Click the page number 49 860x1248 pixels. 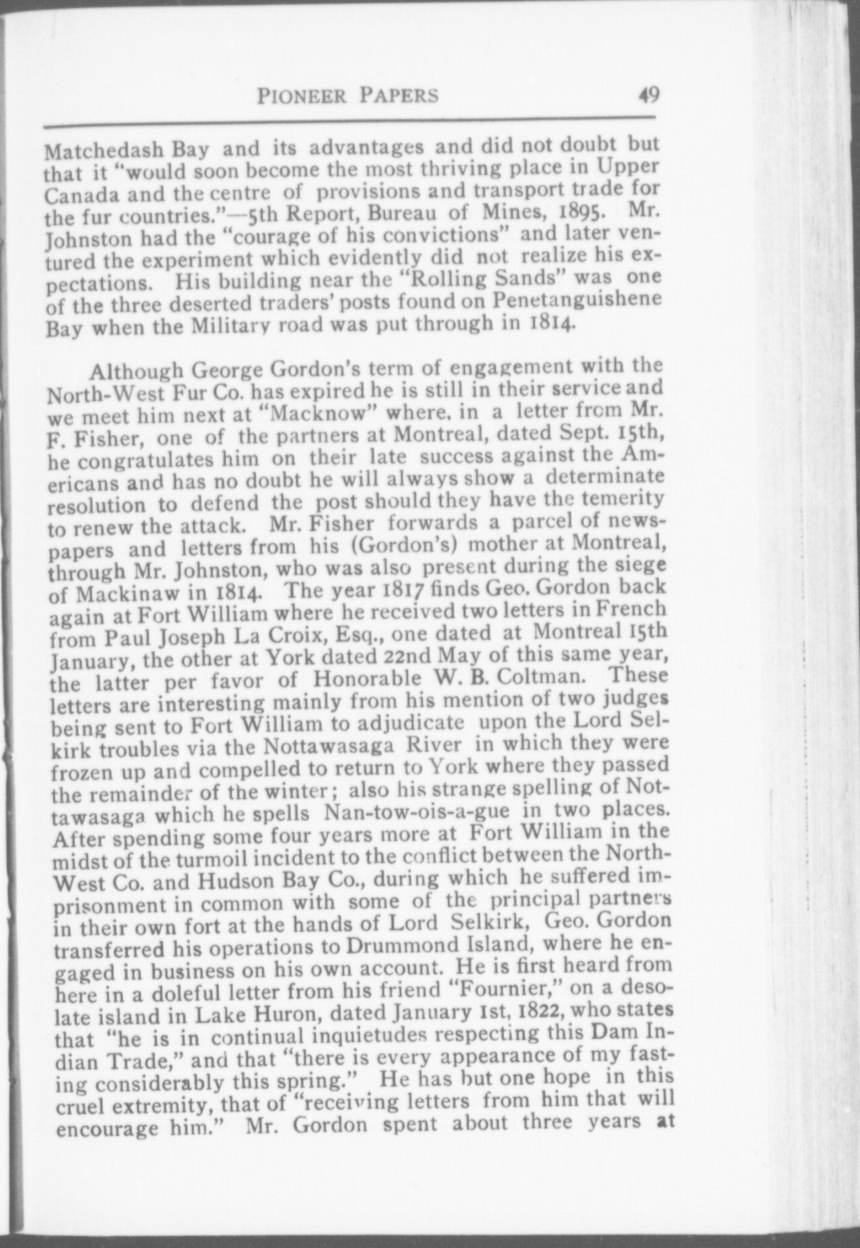(x=648, y=95)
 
